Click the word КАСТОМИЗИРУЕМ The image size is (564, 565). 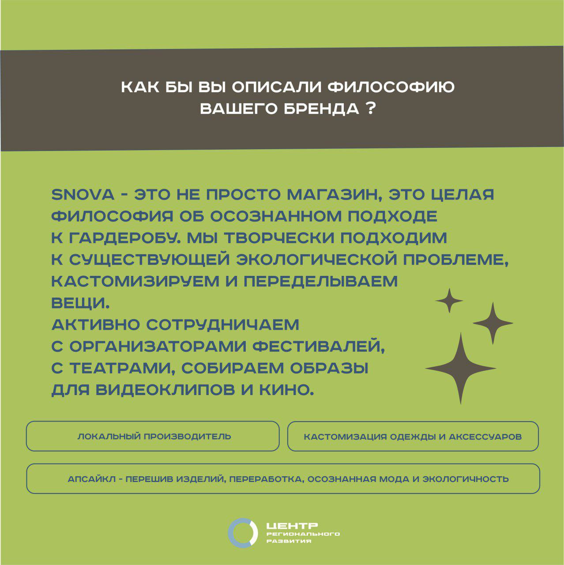(x=135, y=281)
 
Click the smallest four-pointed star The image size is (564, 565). (x=449, y=301)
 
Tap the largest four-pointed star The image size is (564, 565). (x=460, y=368)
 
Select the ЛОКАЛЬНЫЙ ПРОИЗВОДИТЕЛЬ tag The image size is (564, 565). (x=153, y=436)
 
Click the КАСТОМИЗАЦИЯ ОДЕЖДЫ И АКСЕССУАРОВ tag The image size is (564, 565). (x=413, y=437)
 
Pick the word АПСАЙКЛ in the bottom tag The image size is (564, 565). (x=91, y=479)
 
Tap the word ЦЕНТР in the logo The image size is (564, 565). (x=292, y=526)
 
